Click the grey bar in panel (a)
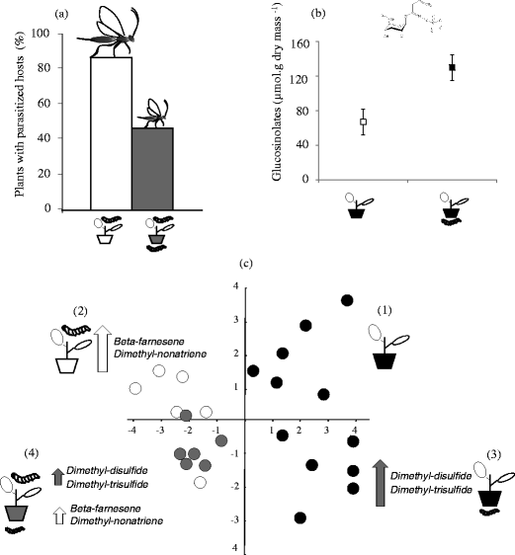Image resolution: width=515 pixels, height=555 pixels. click(152, 168)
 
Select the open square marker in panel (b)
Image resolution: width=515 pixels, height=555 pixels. click(363, 121)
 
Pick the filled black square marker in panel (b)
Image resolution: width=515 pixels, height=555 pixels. click(452, 68)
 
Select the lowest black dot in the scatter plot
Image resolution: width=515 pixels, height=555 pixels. click(300, 517)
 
